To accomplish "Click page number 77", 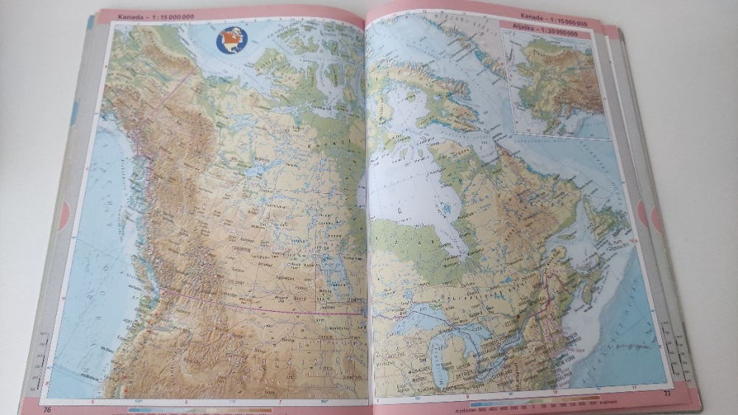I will [x=667, y=393].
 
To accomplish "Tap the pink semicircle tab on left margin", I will [x=65, y=215].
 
